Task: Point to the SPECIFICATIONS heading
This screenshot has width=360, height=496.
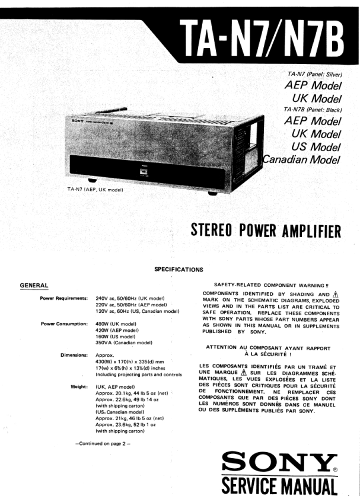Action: [179, 269]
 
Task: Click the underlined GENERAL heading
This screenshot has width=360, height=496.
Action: [34, 286]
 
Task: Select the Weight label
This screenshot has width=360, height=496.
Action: [79, 386]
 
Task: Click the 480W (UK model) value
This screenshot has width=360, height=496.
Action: [116, 324]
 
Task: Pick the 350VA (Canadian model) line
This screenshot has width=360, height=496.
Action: [124, 343]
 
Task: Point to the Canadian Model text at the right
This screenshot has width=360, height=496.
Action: [302, 159]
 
